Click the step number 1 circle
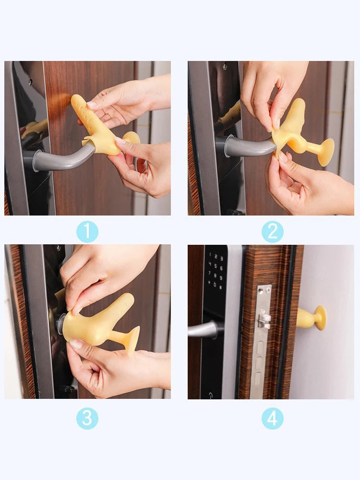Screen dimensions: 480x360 tap(87, 232)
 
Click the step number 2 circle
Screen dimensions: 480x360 tap(272, 232)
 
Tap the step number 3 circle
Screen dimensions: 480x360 tap(87, 418)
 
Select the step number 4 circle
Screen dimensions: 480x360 tap(272, 418)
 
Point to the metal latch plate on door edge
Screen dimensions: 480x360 tap(262, 336)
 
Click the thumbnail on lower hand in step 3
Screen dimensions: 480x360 tap(76, 344)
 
